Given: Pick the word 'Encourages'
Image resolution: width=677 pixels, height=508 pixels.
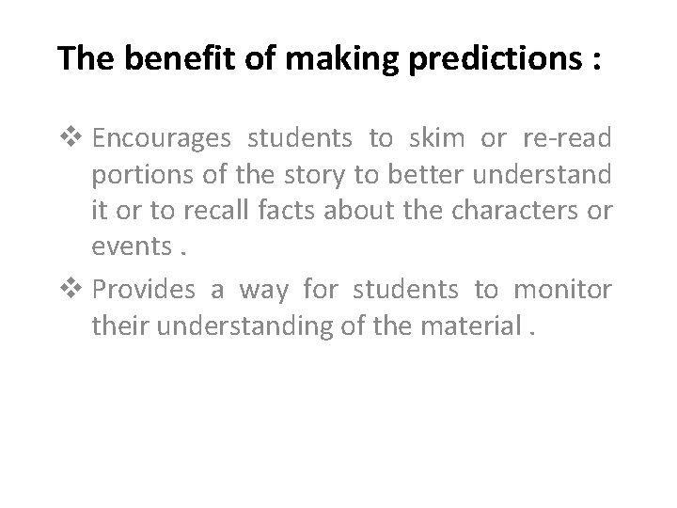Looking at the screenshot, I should [162, 140].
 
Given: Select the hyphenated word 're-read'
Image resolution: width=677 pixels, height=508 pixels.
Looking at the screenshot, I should [571, 139].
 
